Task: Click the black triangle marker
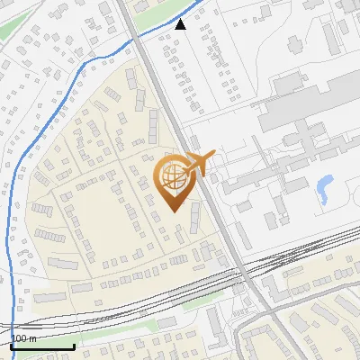181,24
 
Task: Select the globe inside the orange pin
171,177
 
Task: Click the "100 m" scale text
23,337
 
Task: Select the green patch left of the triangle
148,8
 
